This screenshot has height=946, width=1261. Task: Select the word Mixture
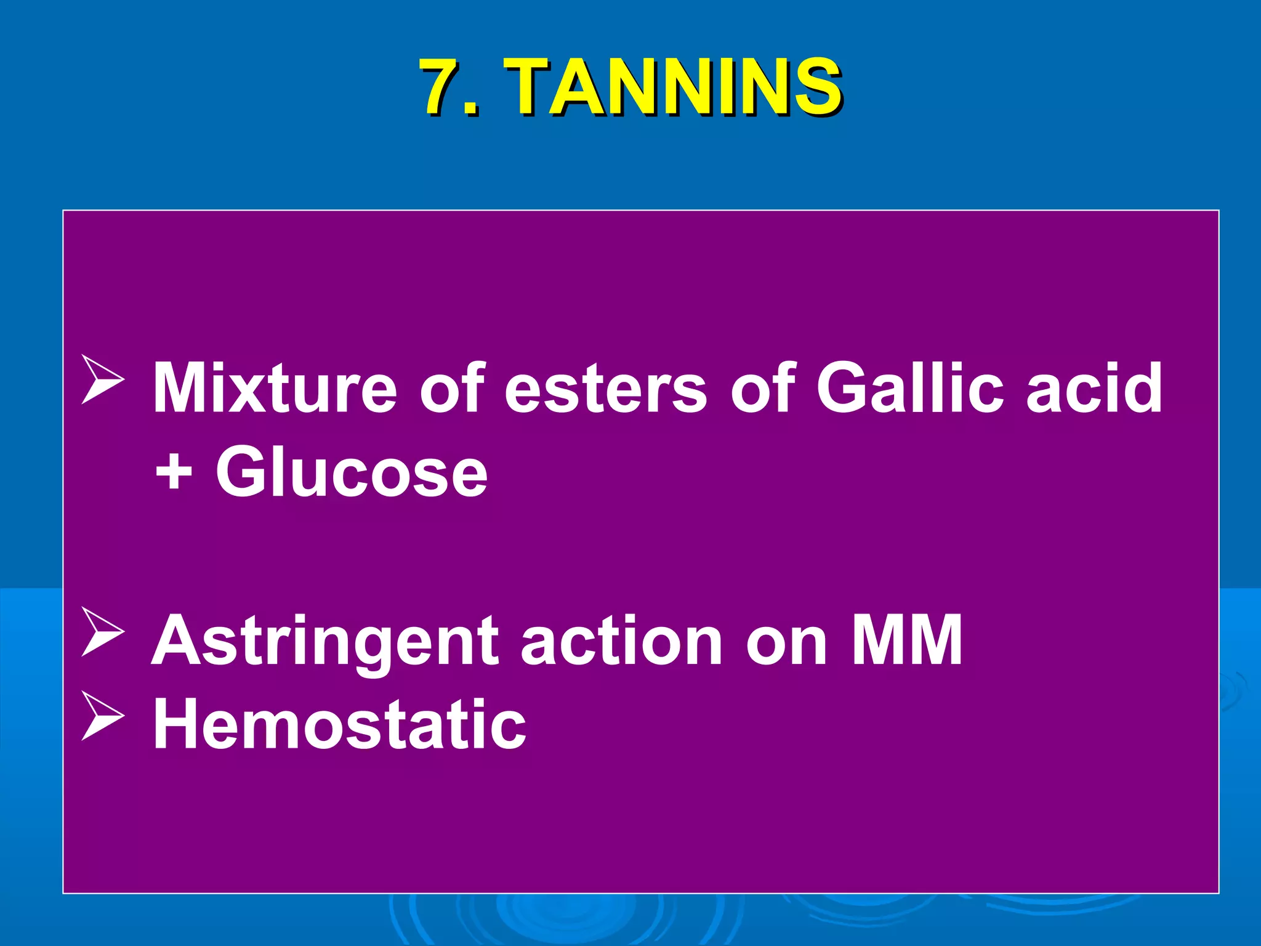(x=275, y=388)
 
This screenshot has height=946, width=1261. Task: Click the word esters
(x=606, y=388)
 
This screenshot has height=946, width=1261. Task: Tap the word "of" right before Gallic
(x=762, y=388)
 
